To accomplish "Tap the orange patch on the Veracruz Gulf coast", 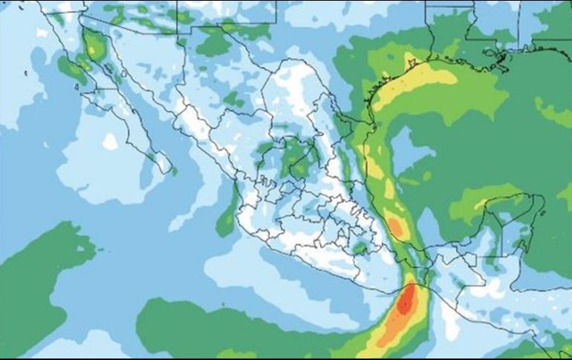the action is [396, 226].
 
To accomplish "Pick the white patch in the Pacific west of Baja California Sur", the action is [110, 140].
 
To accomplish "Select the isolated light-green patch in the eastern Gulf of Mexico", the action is [553, 111].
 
